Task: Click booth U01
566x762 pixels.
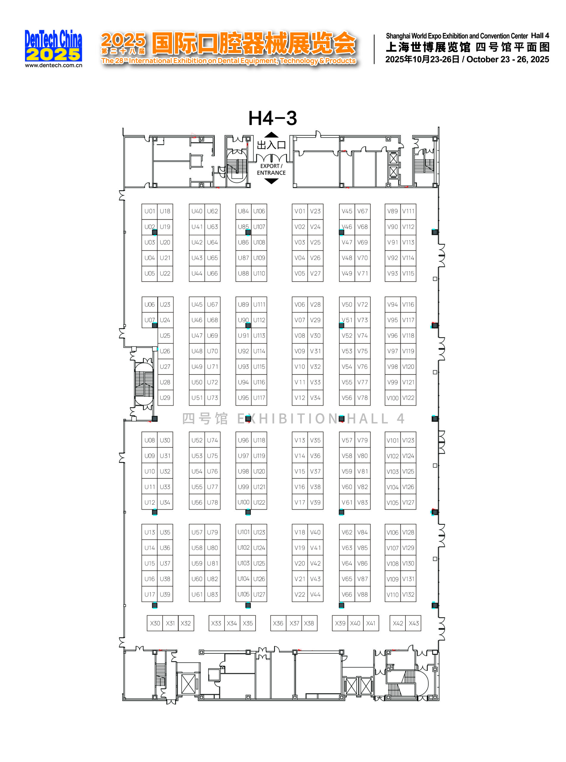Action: click(149, 211)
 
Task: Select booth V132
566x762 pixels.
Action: click(408, 595)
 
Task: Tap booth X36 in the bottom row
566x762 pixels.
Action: click(278, 623)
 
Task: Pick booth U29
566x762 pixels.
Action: click(165, 398)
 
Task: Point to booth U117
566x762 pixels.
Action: click(259, 398)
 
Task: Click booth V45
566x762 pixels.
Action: click(347, 211)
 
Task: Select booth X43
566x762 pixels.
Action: click(413, 623)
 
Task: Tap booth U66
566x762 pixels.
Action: click(212, 274)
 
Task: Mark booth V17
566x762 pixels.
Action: click(299, 502)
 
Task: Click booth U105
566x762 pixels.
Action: click(243, 595)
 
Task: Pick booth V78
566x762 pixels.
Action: click(362, 398)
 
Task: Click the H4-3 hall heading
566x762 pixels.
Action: click(272, 118)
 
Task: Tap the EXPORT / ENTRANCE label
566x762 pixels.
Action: click(271, 169)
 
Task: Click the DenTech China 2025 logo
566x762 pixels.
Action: click(53, 46)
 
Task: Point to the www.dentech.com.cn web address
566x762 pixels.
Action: click(53, 65)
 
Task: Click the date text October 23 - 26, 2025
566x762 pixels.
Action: click(507, 60)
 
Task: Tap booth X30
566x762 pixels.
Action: click(155, 623)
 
